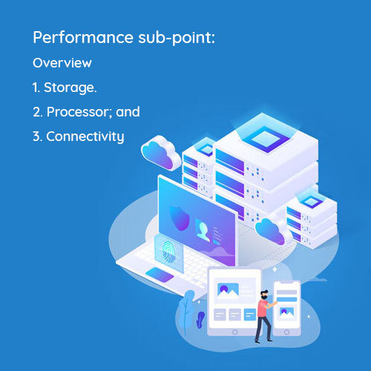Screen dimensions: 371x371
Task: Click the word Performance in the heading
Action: pos(83,37)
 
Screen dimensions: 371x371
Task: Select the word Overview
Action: pos(62,63)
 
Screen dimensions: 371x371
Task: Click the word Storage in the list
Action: pos(69,88)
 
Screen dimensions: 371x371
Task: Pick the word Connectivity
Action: pos(85,137)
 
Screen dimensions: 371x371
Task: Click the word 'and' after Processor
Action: pos(128,111)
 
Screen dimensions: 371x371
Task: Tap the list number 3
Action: pos(36,137)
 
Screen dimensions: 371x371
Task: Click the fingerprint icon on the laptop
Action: pos(169,252)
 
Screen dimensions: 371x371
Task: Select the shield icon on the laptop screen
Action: pos(180,218)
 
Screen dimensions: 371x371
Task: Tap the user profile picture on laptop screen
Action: pos(203,230)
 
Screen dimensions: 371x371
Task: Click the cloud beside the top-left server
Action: pos(161,153)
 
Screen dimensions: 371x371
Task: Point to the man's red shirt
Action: pos(262,309)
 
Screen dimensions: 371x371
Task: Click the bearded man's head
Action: pos(264,295)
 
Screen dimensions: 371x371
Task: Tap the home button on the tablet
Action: pos(235,332)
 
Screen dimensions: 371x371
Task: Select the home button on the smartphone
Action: pos(287,332)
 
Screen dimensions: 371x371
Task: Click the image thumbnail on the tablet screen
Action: pos(228,290)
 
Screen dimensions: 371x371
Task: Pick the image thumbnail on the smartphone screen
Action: pos(286,312)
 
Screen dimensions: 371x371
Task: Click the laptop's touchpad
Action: pos(160,275)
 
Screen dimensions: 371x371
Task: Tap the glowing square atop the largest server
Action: pos(266,139)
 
